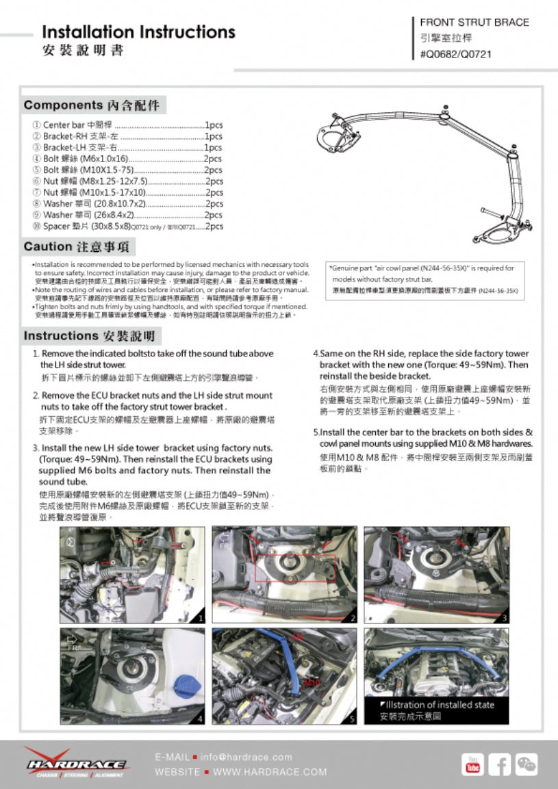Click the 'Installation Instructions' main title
pos(138,32)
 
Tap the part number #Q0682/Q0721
pos(455,54)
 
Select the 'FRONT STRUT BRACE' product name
pos(474,23)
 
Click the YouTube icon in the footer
pos(472,764)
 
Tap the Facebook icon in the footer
pos(499,764)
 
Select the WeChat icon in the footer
pos(526,764)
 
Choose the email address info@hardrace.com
pos(246,757)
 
